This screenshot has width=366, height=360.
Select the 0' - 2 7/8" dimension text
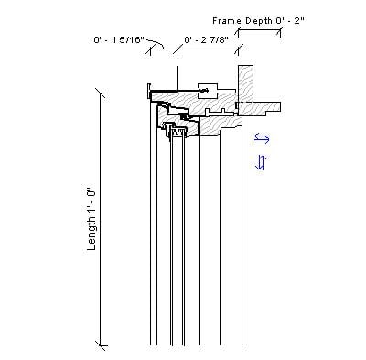(206, 40)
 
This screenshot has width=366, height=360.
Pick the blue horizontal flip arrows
(263, 138)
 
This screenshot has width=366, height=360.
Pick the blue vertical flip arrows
(261, 162)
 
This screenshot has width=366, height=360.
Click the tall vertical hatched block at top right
(245, 82)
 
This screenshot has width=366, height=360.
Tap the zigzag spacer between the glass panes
(179, 133)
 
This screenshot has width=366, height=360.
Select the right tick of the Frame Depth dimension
(279, 29)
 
